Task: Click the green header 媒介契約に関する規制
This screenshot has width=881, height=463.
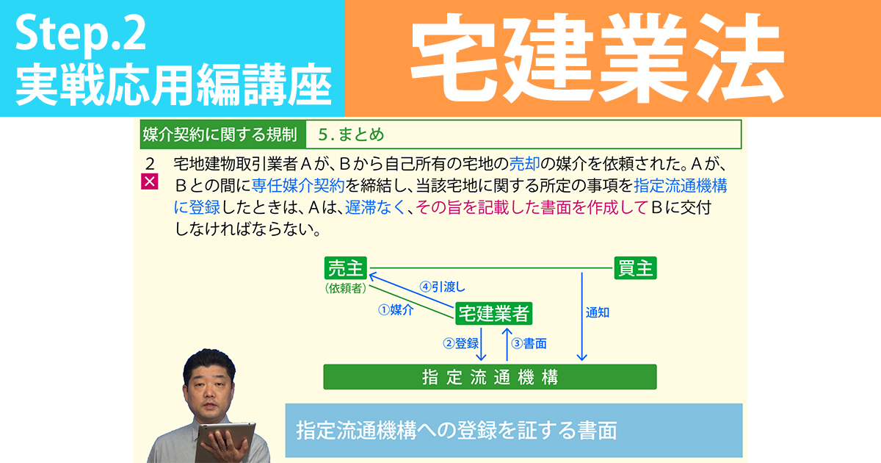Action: [x=220, y=134]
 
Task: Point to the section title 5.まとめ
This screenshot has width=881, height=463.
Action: [x=352, y=134]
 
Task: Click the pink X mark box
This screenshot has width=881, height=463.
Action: [x=150, y=182]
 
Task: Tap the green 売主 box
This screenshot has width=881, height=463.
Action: [x=346, y=268]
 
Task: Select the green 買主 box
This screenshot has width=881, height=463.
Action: [x=635, y=268]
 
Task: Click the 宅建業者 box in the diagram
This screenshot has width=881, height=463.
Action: [x=493, y=314]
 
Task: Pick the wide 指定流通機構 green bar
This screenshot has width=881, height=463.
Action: [x=490, y=377]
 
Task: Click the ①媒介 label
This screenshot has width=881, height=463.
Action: [x=396, y=310]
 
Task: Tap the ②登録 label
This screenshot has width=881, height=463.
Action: [x=460, y=343]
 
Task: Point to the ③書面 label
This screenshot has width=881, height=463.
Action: [x=529, y=343]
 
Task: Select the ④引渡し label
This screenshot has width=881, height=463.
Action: [x=442, y=287]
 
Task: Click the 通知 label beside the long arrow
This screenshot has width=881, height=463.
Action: [x=598, y=312]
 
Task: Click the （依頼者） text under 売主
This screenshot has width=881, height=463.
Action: [x=345, y=289]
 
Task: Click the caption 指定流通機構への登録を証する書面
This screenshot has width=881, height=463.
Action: [x=455, y=430]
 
